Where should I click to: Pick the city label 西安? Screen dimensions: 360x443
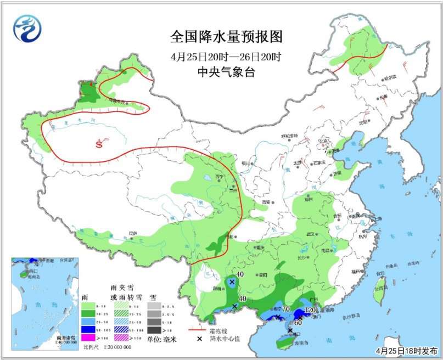[x=267, y=202]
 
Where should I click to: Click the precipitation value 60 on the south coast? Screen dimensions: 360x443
[x=299, y=322]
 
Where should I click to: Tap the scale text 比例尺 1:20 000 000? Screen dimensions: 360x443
[x=107, y=347]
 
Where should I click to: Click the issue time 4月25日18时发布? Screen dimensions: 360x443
[x=406, y=350]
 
